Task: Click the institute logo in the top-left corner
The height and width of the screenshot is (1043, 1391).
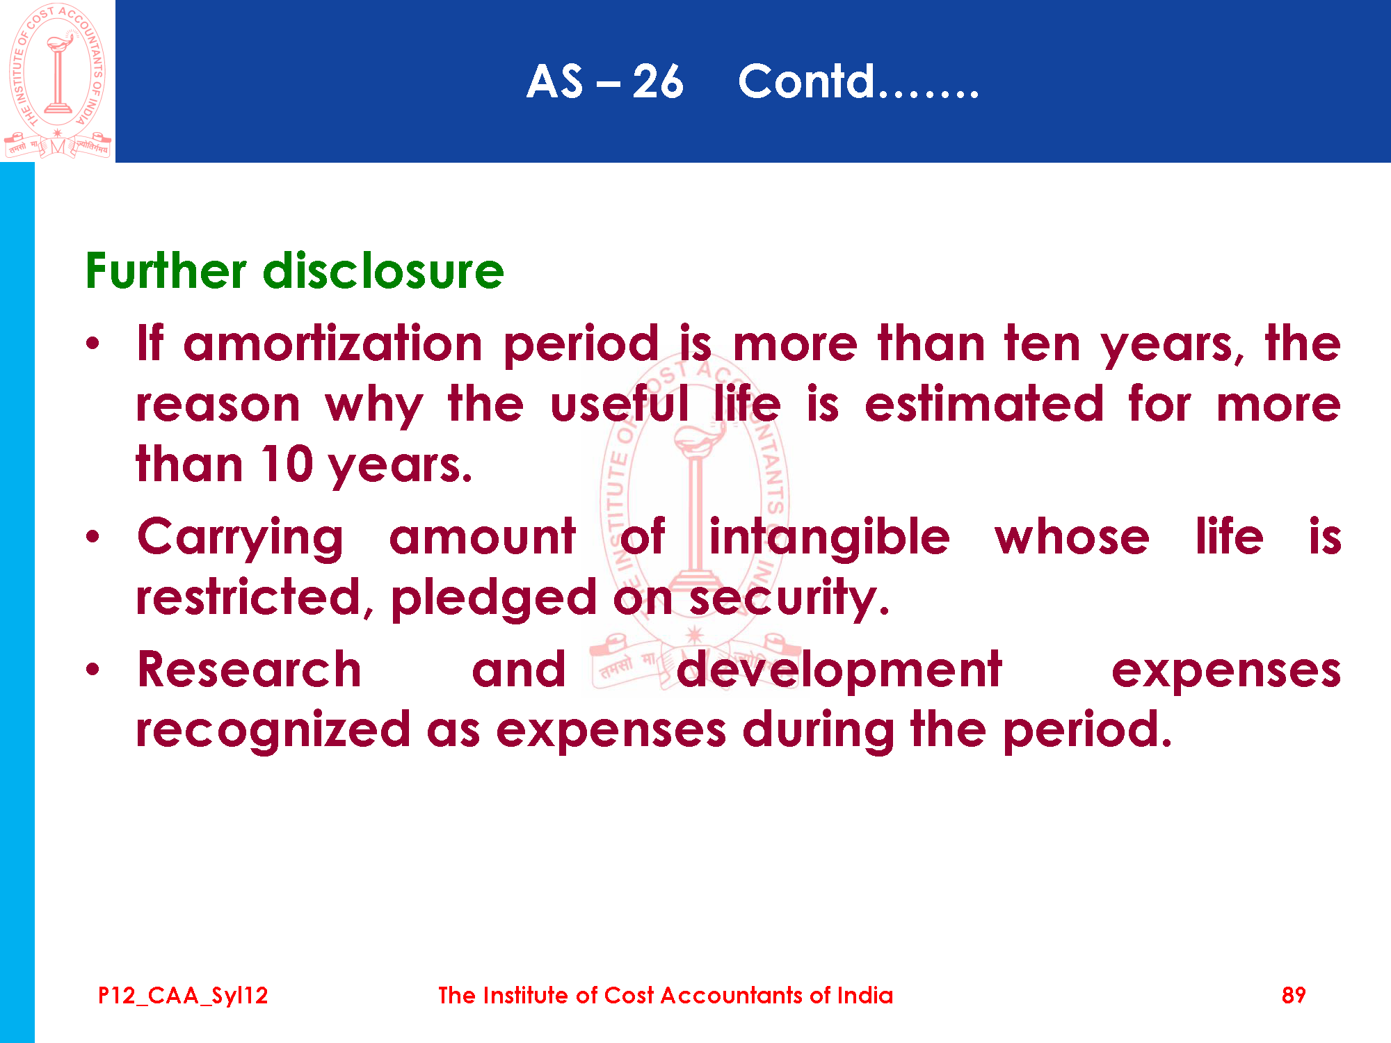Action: [x=58, y=81]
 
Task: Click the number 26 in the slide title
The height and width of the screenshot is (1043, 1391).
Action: [x=658, y=82]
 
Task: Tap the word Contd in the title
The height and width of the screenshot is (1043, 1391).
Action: [x=805, y=81]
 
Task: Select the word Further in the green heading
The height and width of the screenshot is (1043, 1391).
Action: [x=166, y=270]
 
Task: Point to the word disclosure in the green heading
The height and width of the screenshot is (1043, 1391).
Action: [x=383, y=270]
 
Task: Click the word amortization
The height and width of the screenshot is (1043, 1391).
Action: [x=332, y=343]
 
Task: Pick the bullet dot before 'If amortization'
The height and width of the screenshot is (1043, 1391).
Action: [x=93, y=343]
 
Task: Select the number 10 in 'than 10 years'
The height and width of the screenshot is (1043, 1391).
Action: [x=287, y=464]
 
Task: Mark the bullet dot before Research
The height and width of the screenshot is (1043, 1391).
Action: [x=93, y=670]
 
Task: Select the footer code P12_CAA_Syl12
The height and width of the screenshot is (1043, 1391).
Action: [x=183, y=996]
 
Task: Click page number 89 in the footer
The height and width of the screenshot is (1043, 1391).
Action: [x=1294, y=995]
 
